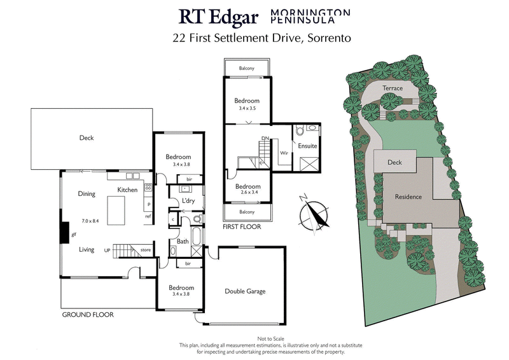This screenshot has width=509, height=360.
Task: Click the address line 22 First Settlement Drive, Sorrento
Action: [262, 38]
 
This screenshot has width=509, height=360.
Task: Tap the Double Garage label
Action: [245, 292]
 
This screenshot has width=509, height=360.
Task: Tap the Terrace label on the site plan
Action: [393, 88]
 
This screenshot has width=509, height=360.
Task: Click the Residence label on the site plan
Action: [408, 197]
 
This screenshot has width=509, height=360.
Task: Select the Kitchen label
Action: [128, 190]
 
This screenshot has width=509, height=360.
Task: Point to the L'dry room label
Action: [188, 201]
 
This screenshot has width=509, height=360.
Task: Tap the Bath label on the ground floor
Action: [183, 241]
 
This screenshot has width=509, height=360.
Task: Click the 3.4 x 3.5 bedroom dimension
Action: [246, 109]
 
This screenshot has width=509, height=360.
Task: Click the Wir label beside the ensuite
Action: [284, 153]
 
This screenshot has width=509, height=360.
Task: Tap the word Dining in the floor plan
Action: [87, 194]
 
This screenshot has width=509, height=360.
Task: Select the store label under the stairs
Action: [146, 250]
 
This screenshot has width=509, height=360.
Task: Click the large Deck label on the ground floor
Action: [87, 138]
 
